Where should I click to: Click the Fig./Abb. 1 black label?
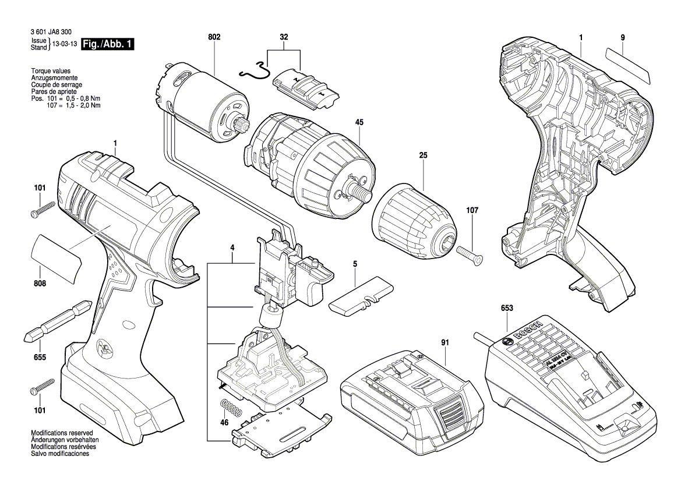coord(108,44)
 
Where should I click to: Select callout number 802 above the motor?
coord(214,37)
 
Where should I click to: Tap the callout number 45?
coord(359,123)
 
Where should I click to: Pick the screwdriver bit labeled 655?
coord(57,321)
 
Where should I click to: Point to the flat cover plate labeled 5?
coord(362,297)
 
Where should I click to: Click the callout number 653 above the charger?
coord(506,308)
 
